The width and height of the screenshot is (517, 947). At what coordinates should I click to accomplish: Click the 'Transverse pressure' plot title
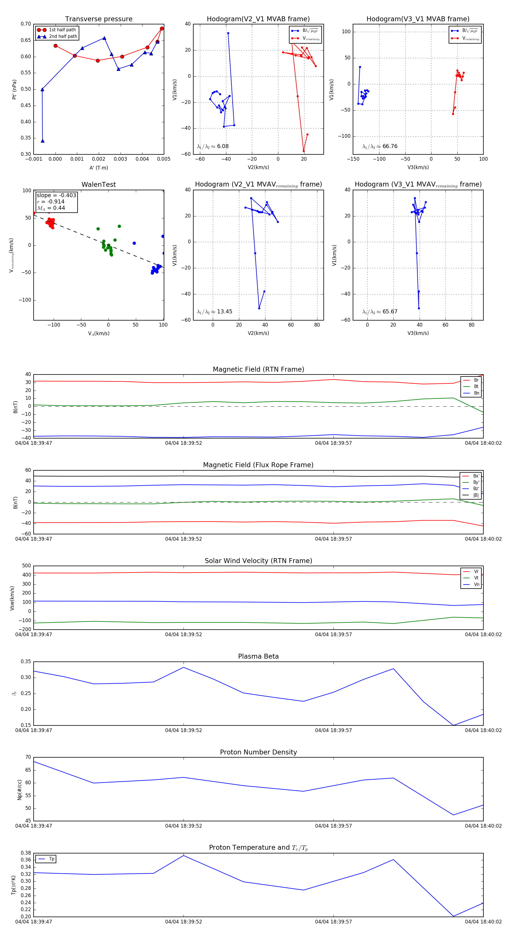(x=99, y=19)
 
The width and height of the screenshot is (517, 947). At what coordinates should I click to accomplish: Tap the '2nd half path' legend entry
(x=63, y=36)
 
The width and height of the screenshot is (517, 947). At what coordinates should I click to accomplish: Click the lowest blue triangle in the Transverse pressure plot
(x=43, y=141)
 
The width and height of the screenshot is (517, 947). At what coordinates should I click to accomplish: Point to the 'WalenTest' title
(x=99, y=185)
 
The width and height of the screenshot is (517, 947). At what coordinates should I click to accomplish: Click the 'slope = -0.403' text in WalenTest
(x=56, y=195)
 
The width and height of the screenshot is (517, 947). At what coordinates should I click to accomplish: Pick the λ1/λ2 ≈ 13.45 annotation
(x=215, y=312)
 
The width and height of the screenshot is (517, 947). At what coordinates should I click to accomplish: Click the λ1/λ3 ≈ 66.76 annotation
(x=380, y=146)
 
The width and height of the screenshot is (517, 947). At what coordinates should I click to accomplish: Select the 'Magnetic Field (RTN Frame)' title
(x=258, y=369)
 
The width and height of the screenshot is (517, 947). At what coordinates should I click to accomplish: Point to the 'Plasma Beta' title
(x=258, y=657)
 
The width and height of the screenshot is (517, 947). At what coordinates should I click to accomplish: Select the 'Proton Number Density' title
(x=258, y=752)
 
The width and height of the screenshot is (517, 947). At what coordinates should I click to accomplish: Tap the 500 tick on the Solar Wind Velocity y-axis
(x=26, y=566)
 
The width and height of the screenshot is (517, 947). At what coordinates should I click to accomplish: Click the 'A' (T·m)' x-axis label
(x=99, y=168)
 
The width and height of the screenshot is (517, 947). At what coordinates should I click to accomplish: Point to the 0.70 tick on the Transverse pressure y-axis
(x=26, y=24)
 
